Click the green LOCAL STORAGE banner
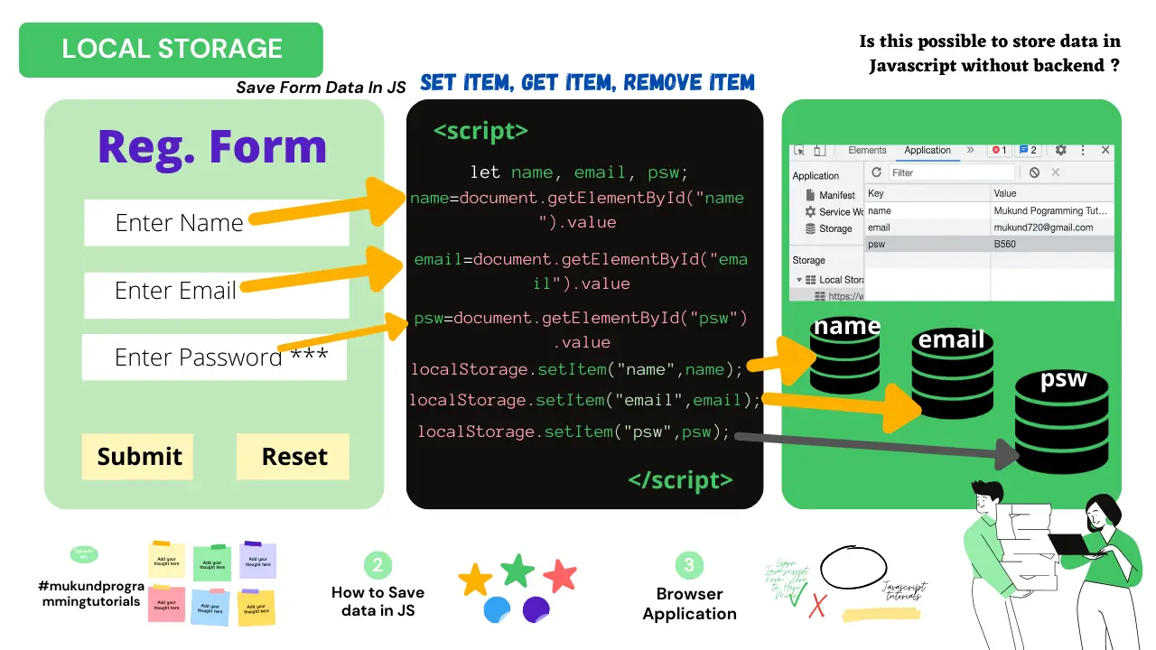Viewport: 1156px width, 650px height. (171, 50)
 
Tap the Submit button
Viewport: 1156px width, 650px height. (139, 457)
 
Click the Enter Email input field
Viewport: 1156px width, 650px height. (216, 292)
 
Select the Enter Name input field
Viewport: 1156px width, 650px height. (216, 223)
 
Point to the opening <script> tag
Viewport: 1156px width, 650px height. (480, 131)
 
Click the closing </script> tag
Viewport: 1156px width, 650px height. (680, 480)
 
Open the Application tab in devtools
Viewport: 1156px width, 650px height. (928, 151)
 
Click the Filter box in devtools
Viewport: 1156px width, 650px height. (948, 172)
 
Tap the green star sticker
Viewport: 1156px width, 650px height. (517, 571)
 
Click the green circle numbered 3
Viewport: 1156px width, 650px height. (689, 565)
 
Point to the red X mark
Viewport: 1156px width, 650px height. (817, 606)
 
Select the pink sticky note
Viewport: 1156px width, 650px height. (166, 604)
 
